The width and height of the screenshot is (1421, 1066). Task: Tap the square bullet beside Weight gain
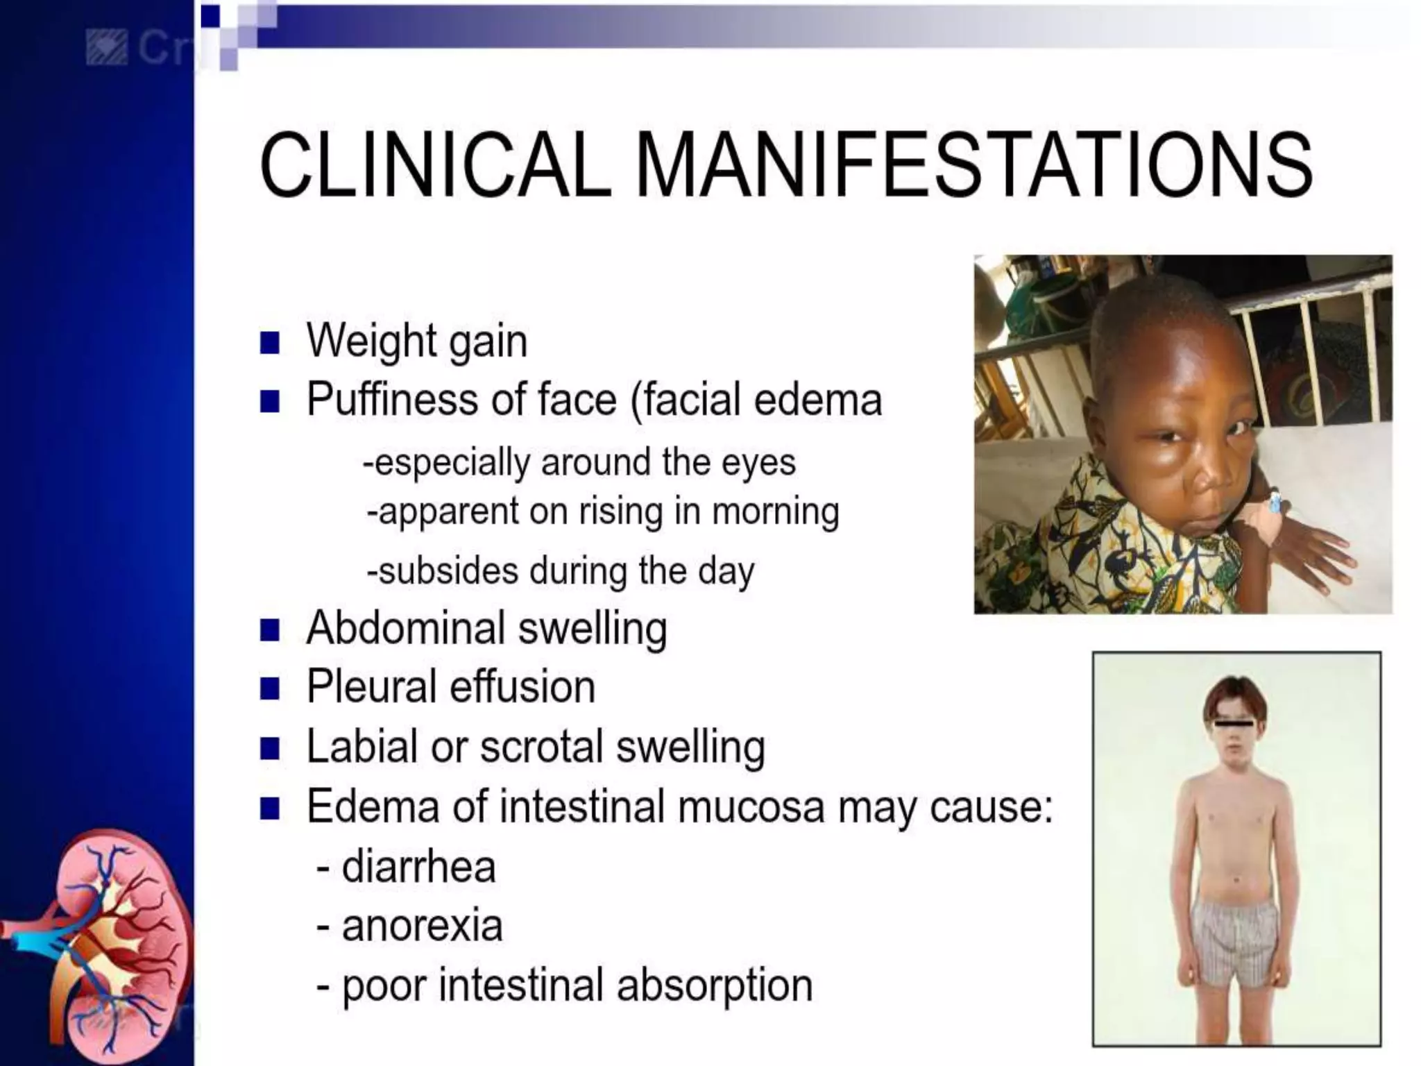(x=269, y=343)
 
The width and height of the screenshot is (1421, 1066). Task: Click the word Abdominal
(x=406, y=628)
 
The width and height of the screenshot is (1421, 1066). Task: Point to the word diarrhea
(x=418, y=867)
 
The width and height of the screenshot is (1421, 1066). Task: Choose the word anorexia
(x=422, y=927)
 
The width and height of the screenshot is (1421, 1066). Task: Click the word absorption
(x=715, y=985)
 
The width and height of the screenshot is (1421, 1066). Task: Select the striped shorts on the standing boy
(x=1234, y=944)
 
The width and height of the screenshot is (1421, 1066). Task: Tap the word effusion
(x=522, y=687)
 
